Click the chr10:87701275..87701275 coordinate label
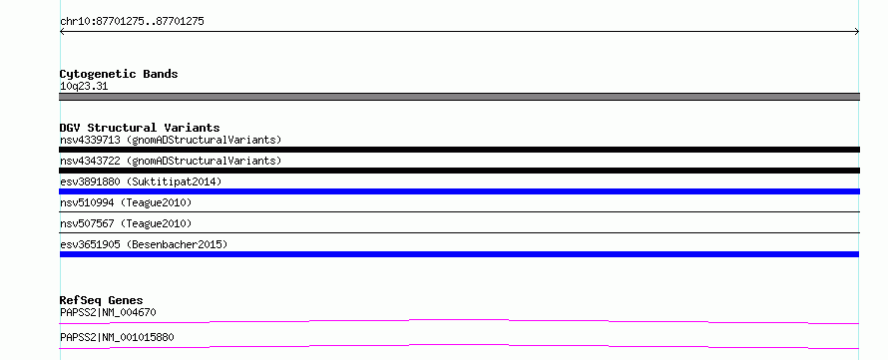coord(132,22)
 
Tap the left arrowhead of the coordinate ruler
coord(61,32)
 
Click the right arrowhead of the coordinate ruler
coord(857,32)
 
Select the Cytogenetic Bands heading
coord(119,74)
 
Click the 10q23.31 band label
coord(84,87)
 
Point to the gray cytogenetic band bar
coord(459,97)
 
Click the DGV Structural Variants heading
coord(140,128)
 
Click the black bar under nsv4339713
coord(459,150)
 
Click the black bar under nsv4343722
coord(459,171)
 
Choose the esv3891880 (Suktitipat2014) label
coord(141,181)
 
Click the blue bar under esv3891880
coord(459,191)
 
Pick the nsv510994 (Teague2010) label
coord(126,202)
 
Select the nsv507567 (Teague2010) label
coord(126,223)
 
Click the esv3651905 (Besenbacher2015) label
coord(144,244)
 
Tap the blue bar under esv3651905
coord(459,254)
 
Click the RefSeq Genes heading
coord(101,300)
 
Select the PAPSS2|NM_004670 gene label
coord(108,312)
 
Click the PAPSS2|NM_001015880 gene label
coord(117,337)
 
